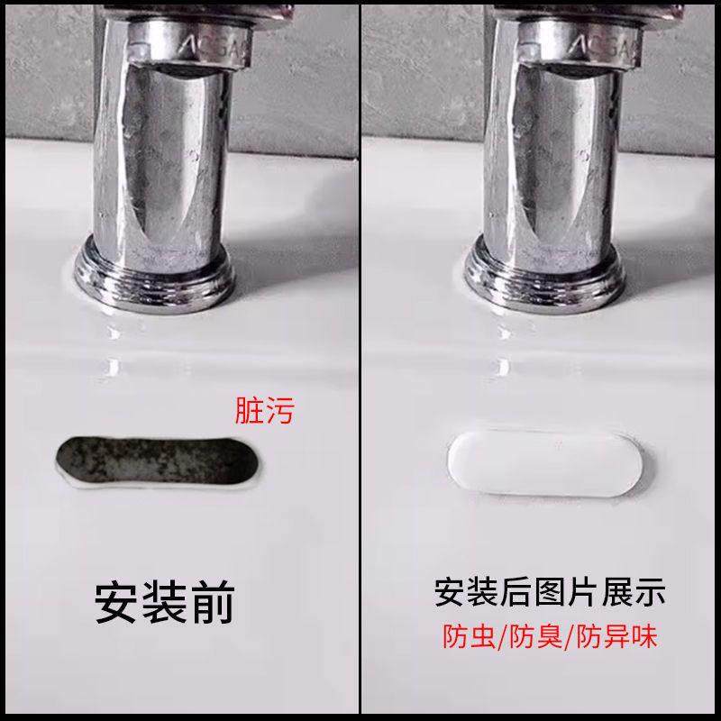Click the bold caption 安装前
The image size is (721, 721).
(164, 601)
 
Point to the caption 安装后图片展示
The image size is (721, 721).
(550, 593)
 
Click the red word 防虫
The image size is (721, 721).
(464, 638)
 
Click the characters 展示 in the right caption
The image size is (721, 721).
(636, 593)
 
